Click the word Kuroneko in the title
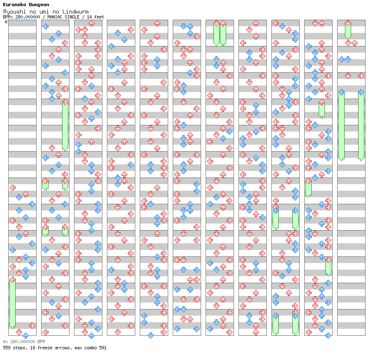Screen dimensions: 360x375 click(x=15, y=5)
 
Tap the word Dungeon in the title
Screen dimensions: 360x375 click(x=39, y=5)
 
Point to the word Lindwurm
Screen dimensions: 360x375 click(x=75, y=12)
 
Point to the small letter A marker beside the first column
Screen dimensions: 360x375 click(x=6, y=22)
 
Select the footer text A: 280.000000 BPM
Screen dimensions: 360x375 click(x=24, y=342)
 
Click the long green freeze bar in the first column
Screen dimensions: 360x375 click(x=12, y=304)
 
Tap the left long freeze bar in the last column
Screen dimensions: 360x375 click(x=341, y=126)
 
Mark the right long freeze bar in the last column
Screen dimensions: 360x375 click(x=361, y=126)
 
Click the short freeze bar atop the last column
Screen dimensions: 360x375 click(x=348, y=30)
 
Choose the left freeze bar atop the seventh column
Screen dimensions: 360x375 click(x=216, y=34)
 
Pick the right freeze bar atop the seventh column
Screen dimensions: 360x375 click(x=223, y=34)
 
